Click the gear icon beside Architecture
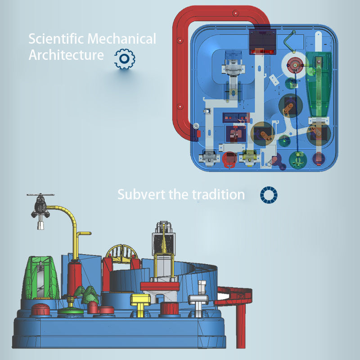(125, 58)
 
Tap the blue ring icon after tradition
(269, 194)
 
